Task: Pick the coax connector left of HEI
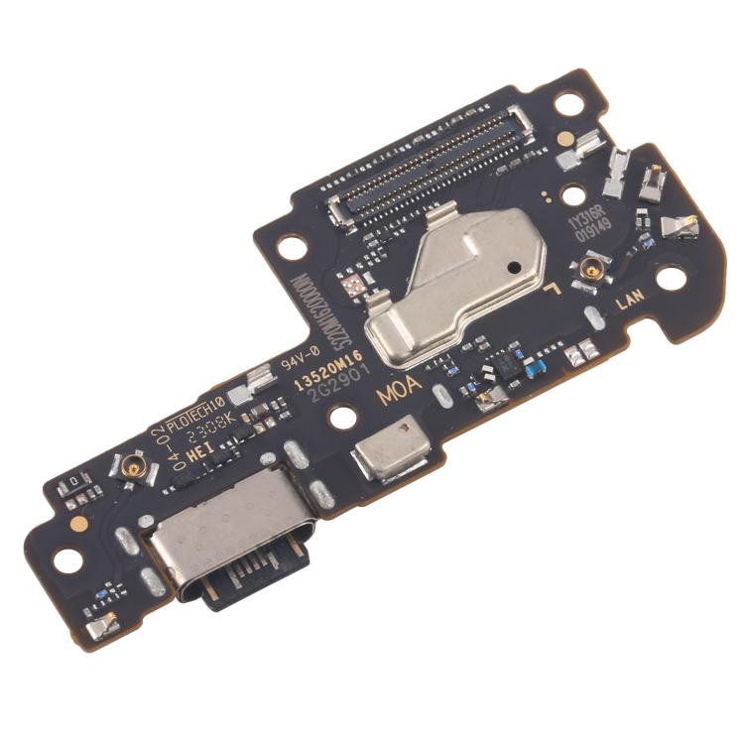click(x=132, y=465)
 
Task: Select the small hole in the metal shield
click(x=513, y=267)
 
